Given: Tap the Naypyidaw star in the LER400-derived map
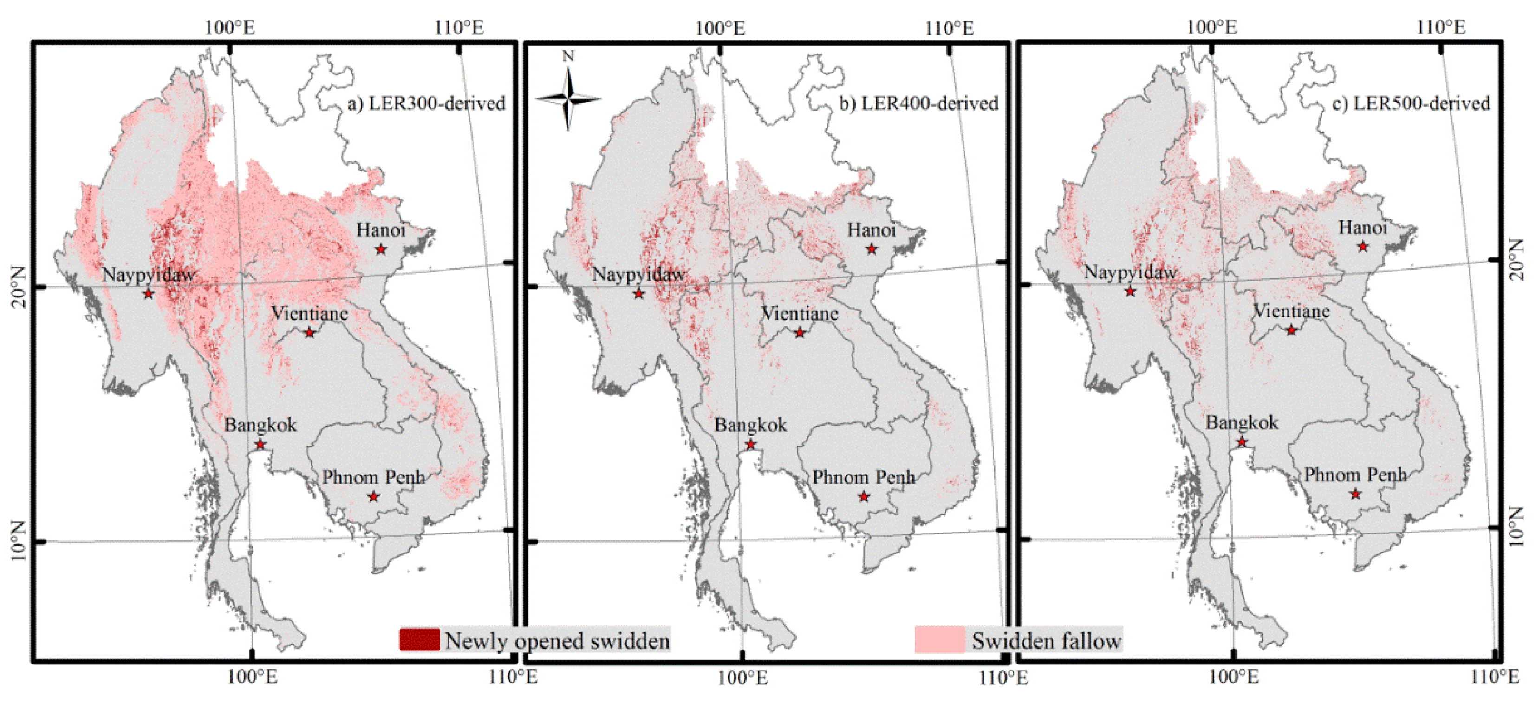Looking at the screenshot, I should point(638,294).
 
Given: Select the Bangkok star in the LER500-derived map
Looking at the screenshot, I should point(1242,442).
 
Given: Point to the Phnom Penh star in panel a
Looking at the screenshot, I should point(373,496).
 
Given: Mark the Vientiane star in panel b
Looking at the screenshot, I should point(800,332).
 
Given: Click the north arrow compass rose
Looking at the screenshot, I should point(568,99).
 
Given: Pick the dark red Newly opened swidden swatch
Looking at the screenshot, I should point(420,639).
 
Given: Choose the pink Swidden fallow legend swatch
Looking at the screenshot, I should point(939,639).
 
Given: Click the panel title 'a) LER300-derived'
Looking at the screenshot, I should point(426,103).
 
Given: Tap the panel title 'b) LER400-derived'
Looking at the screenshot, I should point(918,103).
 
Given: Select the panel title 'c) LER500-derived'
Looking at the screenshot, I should point(1410,103).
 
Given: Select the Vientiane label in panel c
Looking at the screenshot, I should point(1291,311).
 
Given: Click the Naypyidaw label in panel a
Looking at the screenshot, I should point(149,275).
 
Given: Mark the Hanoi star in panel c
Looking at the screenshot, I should point(1362,246).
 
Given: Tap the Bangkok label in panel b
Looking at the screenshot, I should point(751,425).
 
